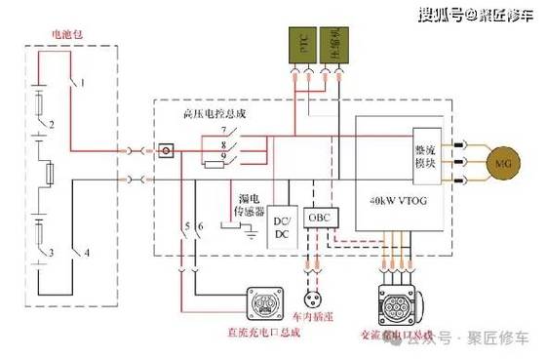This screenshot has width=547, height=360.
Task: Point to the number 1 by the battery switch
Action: tap(83, 83)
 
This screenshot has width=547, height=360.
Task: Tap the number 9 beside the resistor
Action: tap(225, 156)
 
